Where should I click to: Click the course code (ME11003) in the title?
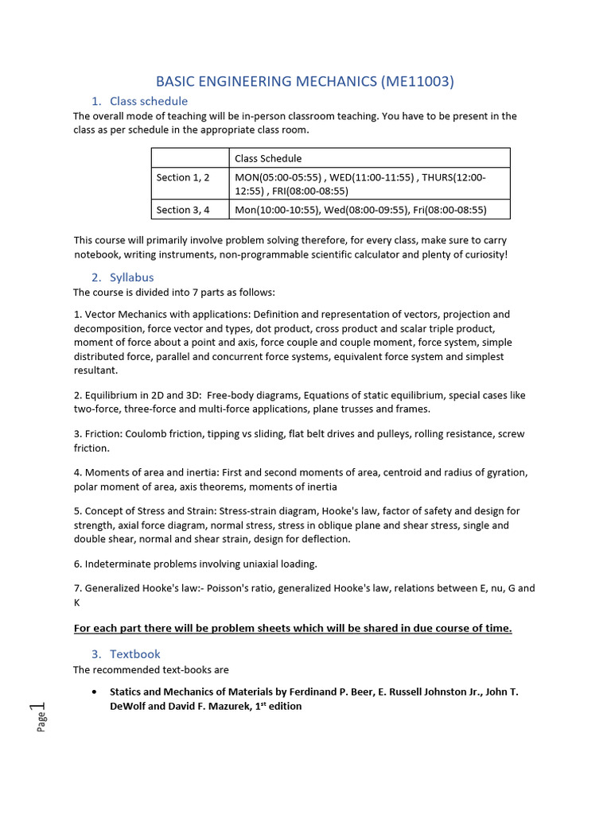tap(418, 81)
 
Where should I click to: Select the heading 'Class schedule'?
tap(149, 101)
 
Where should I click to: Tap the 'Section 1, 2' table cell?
tap(183, 177)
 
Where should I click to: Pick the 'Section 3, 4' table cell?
tap(183, 210)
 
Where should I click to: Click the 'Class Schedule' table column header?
tap(268, 158)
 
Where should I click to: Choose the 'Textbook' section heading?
tap(134, 654)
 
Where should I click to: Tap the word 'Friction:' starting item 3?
tap(105, 434)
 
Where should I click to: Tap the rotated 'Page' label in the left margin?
tap(41, 721)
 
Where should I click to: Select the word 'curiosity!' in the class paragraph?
tap(482, 254)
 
